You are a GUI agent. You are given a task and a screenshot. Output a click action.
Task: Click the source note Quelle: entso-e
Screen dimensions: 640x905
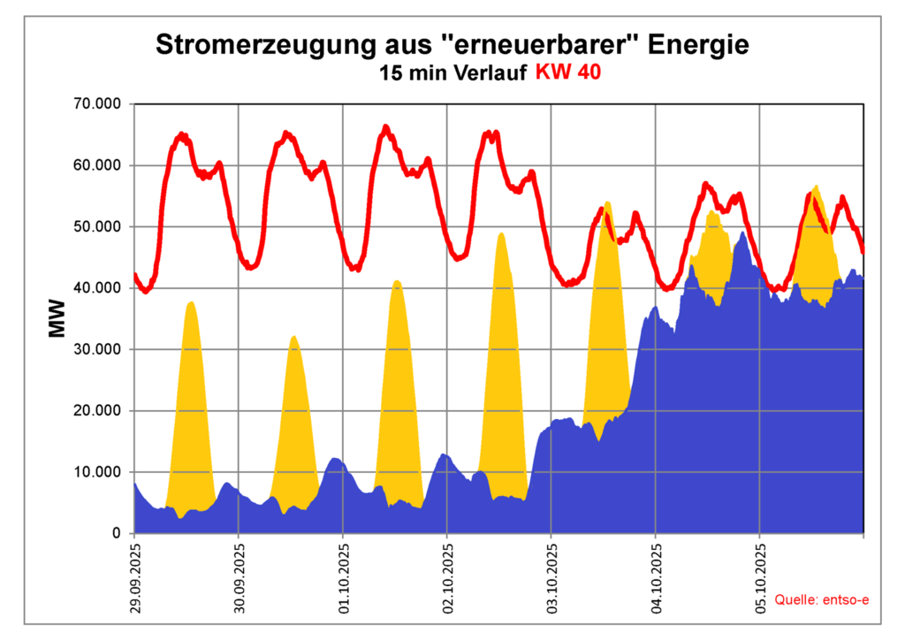click(822, 600)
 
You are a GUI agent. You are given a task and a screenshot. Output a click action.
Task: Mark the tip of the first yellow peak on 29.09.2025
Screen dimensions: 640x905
click(190, 302)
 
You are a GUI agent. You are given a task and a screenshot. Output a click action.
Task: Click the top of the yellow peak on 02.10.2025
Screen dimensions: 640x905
click(501, 233)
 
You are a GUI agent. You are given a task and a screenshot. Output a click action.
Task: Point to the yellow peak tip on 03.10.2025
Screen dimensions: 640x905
click(607, 202)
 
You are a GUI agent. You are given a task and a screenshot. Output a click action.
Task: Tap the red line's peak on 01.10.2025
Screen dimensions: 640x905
click(385, 127)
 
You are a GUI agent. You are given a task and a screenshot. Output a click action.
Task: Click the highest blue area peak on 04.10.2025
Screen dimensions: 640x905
click(742, 233)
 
